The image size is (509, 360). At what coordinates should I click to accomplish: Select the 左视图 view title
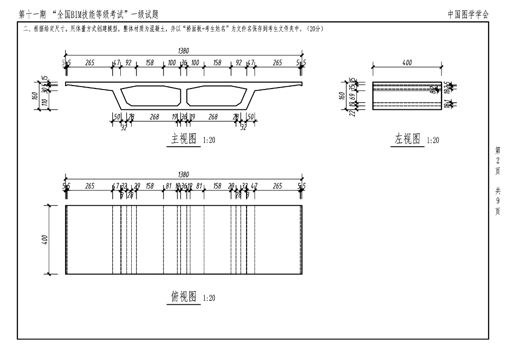[408, 140]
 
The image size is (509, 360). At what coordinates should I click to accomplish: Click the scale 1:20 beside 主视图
[209, 141]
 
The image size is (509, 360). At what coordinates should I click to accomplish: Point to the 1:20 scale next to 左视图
[433, 141]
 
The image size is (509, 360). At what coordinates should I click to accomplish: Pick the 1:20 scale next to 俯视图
[209, 298]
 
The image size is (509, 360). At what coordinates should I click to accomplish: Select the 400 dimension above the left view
[407, 63]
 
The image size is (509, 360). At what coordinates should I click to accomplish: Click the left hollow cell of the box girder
[151, 96]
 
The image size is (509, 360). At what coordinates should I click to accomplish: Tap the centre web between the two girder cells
[184, 97]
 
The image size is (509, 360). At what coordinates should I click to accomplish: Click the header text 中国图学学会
[468, 14]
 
